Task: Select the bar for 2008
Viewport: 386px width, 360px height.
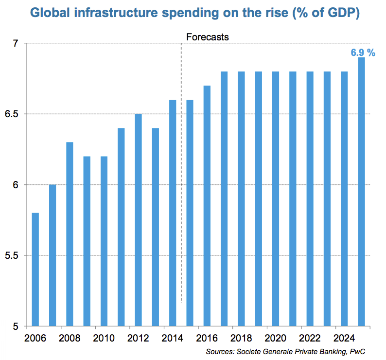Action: [70, 234]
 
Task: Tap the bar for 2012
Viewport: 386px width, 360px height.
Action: [138, 219]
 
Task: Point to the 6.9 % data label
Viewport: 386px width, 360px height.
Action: [363, 53]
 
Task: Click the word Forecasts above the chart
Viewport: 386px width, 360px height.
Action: [208, 36]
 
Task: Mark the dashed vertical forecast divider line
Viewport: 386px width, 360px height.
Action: [181, 170]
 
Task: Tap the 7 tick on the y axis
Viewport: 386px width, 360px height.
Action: [16, 44]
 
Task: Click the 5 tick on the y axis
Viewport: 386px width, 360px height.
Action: [16, 326]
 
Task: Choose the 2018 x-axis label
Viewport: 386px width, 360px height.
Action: [241, 337]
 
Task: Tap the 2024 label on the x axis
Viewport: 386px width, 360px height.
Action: [344, 337]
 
